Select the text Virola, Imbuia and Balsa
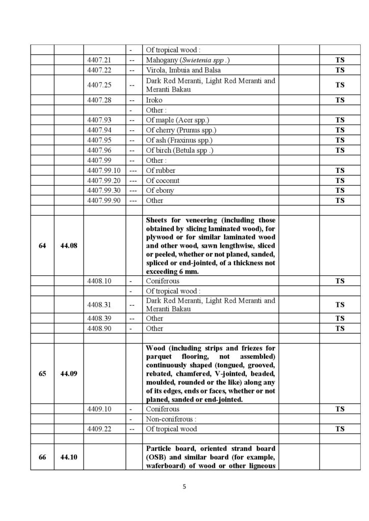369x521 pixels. pyautogui.click(x=183, y=70)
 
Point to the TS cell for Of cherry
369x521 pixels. pyautogui.click(x=339, y=130)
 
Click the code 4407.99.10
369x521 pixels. pyautogui.click(x=103, y=170)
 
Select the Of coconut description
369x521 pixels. pyautogui.click(x=163, y=181)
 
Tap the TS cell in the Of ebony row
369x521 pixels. pyautogui.click(x=339, y=190)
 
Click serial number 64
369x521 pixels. pyautogui.click(x=42, y=246)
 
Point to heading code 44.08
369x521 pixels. pyautogui.click(x=68, y=246)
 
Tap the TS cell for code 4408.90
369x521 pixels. pyautogui.click(x=339, y=329)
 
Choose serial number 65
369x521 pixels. pyautogui.click(x=42, y=373)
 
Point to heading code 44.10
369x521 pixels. pyautogui.click(x=68, y=457)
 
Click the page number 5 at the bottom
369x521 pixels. pyautogui.click(x=184, y=487)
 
